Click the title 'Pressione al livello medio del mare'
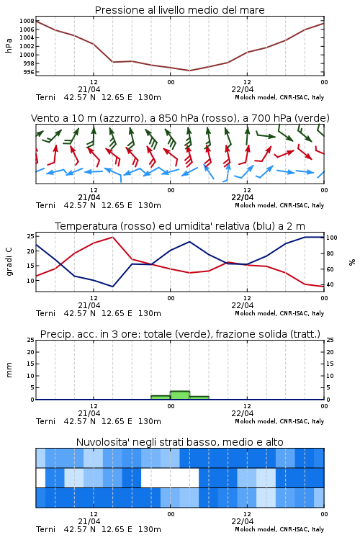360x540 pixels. [x=179, y=10]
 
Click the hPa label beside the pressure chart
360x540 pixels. [x=9, y=45]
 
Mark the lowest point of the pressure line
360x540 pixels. [x=189, y=71]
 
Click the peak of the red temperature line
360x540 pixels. [x=112, y=237]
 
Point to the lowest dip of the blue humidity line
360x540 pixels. [x=112, y=287]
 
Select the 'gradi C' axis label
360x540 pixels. [x=9, y=261]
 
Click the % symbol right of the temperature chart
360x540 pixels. [x=352, y=262]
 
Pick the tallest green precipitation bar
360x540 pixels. [x=180, y=395]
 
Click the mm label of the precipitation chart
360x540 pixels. [x=9, y=369]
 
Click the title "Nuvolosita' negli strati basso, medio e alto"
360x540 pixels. [x=179, y=442]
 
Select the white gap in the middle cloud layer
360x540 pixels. [x=170, y=477]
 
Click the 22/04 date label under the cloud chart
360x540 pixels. [x=243, y=521]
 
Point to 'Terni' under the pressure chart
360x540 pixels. [x=45, y=97]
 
